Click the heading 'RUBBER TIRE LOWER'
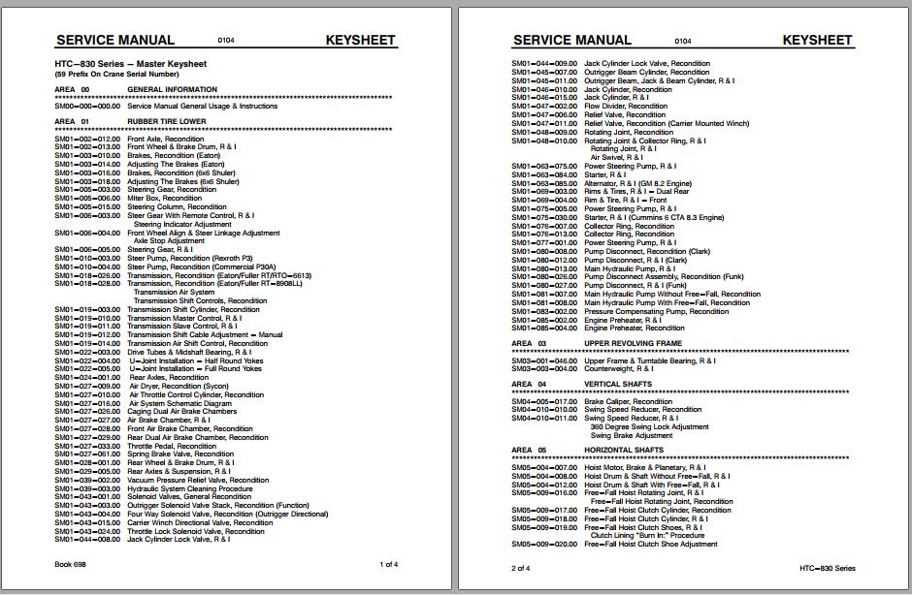166,122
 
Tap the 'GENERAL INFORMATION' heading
172,90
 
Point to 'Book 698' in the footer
70,564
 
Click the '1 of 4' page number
388,564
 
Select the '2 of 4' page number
521,568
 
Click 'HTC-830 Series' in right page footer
828,568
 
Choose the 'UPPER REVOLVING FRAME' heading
633,343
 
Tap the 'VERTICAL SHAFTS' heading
617,384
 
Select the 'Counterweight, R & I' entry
618,369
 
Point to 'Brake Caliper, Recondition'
628,401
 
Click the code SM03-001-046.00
544,360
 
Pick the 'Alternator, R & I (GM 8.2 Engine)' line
638,183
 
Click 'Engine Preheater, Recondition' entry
634,328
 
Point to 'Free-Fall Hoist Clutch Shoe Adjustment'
651,545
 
